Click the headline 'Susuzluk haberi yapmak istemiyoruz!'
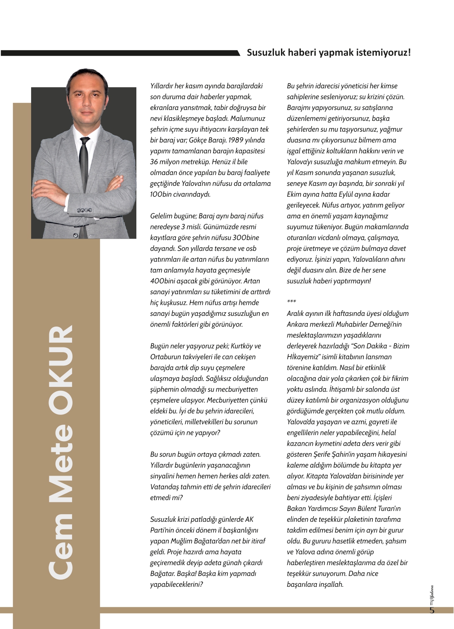[x=329, y=52]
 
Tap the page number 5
[x=432, y=610]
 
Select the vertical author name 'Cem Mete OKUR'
[x=60, y=452]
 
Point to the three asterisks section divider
[x=291, y=302]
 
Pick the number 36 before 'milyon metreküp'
[x=154, y=162]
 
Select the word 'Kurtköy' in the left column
[x=242, y=346]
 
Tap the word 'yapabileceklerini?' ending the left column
[x=176, y=584]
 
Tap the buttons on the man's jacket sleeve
[x=86, y=210]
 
